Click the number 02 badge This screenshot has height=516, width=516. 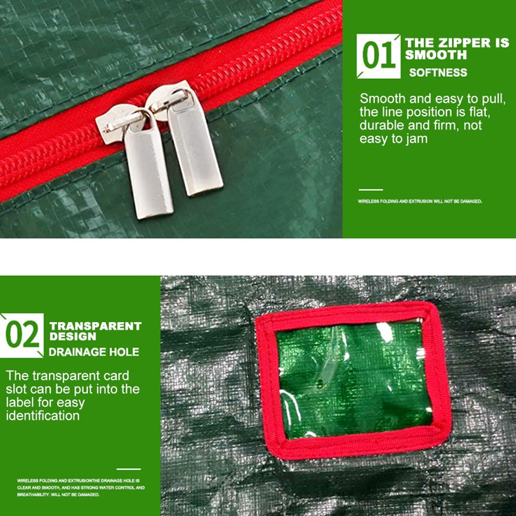coord(23,334)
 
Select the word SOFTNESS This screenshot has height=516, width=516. coord(438,72)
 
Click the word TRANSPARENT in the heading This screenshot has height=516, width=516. coord(95,326)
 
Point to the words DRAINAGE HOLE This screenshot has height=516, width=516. coord(94,352)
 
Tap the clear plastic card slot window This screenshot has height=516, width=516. coord(353,379)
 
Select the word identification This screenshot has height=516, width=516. coord(43,416)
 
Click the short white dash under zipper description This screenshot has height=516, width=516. coord(371,189)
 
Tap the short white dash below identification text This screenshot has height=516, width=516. coord(128,469)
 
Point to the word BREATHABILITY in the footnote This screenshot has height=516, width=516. coord(32,494)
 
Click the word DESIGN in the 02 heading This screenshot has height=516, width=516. coord(73,337)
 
